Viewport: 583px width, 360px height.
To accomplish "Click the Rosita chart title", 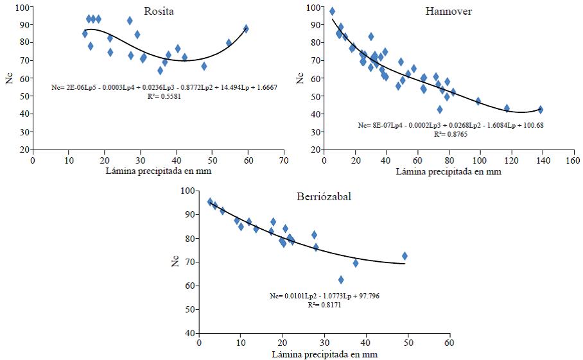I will point(159,11).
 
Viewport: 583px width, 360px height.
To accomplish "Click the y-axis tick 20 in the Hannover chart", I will point(315,150).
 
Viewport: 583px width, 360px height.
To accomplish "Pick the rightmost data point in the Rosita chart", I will point(246,29).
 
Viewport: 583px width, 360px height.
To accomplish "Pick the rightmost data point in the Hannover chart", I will point(541,110).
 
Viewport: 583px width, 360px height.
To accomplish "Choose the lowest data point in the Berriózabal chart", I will point(341,280).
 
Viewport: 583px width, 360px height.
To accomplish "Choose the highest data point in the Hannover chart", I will point(332,12).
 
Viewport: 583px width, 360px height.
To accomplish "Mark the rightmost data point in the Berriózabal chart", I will point(405,256).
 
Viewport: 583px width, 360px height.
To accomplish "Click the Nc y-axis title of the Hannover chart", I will point(299,78).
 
